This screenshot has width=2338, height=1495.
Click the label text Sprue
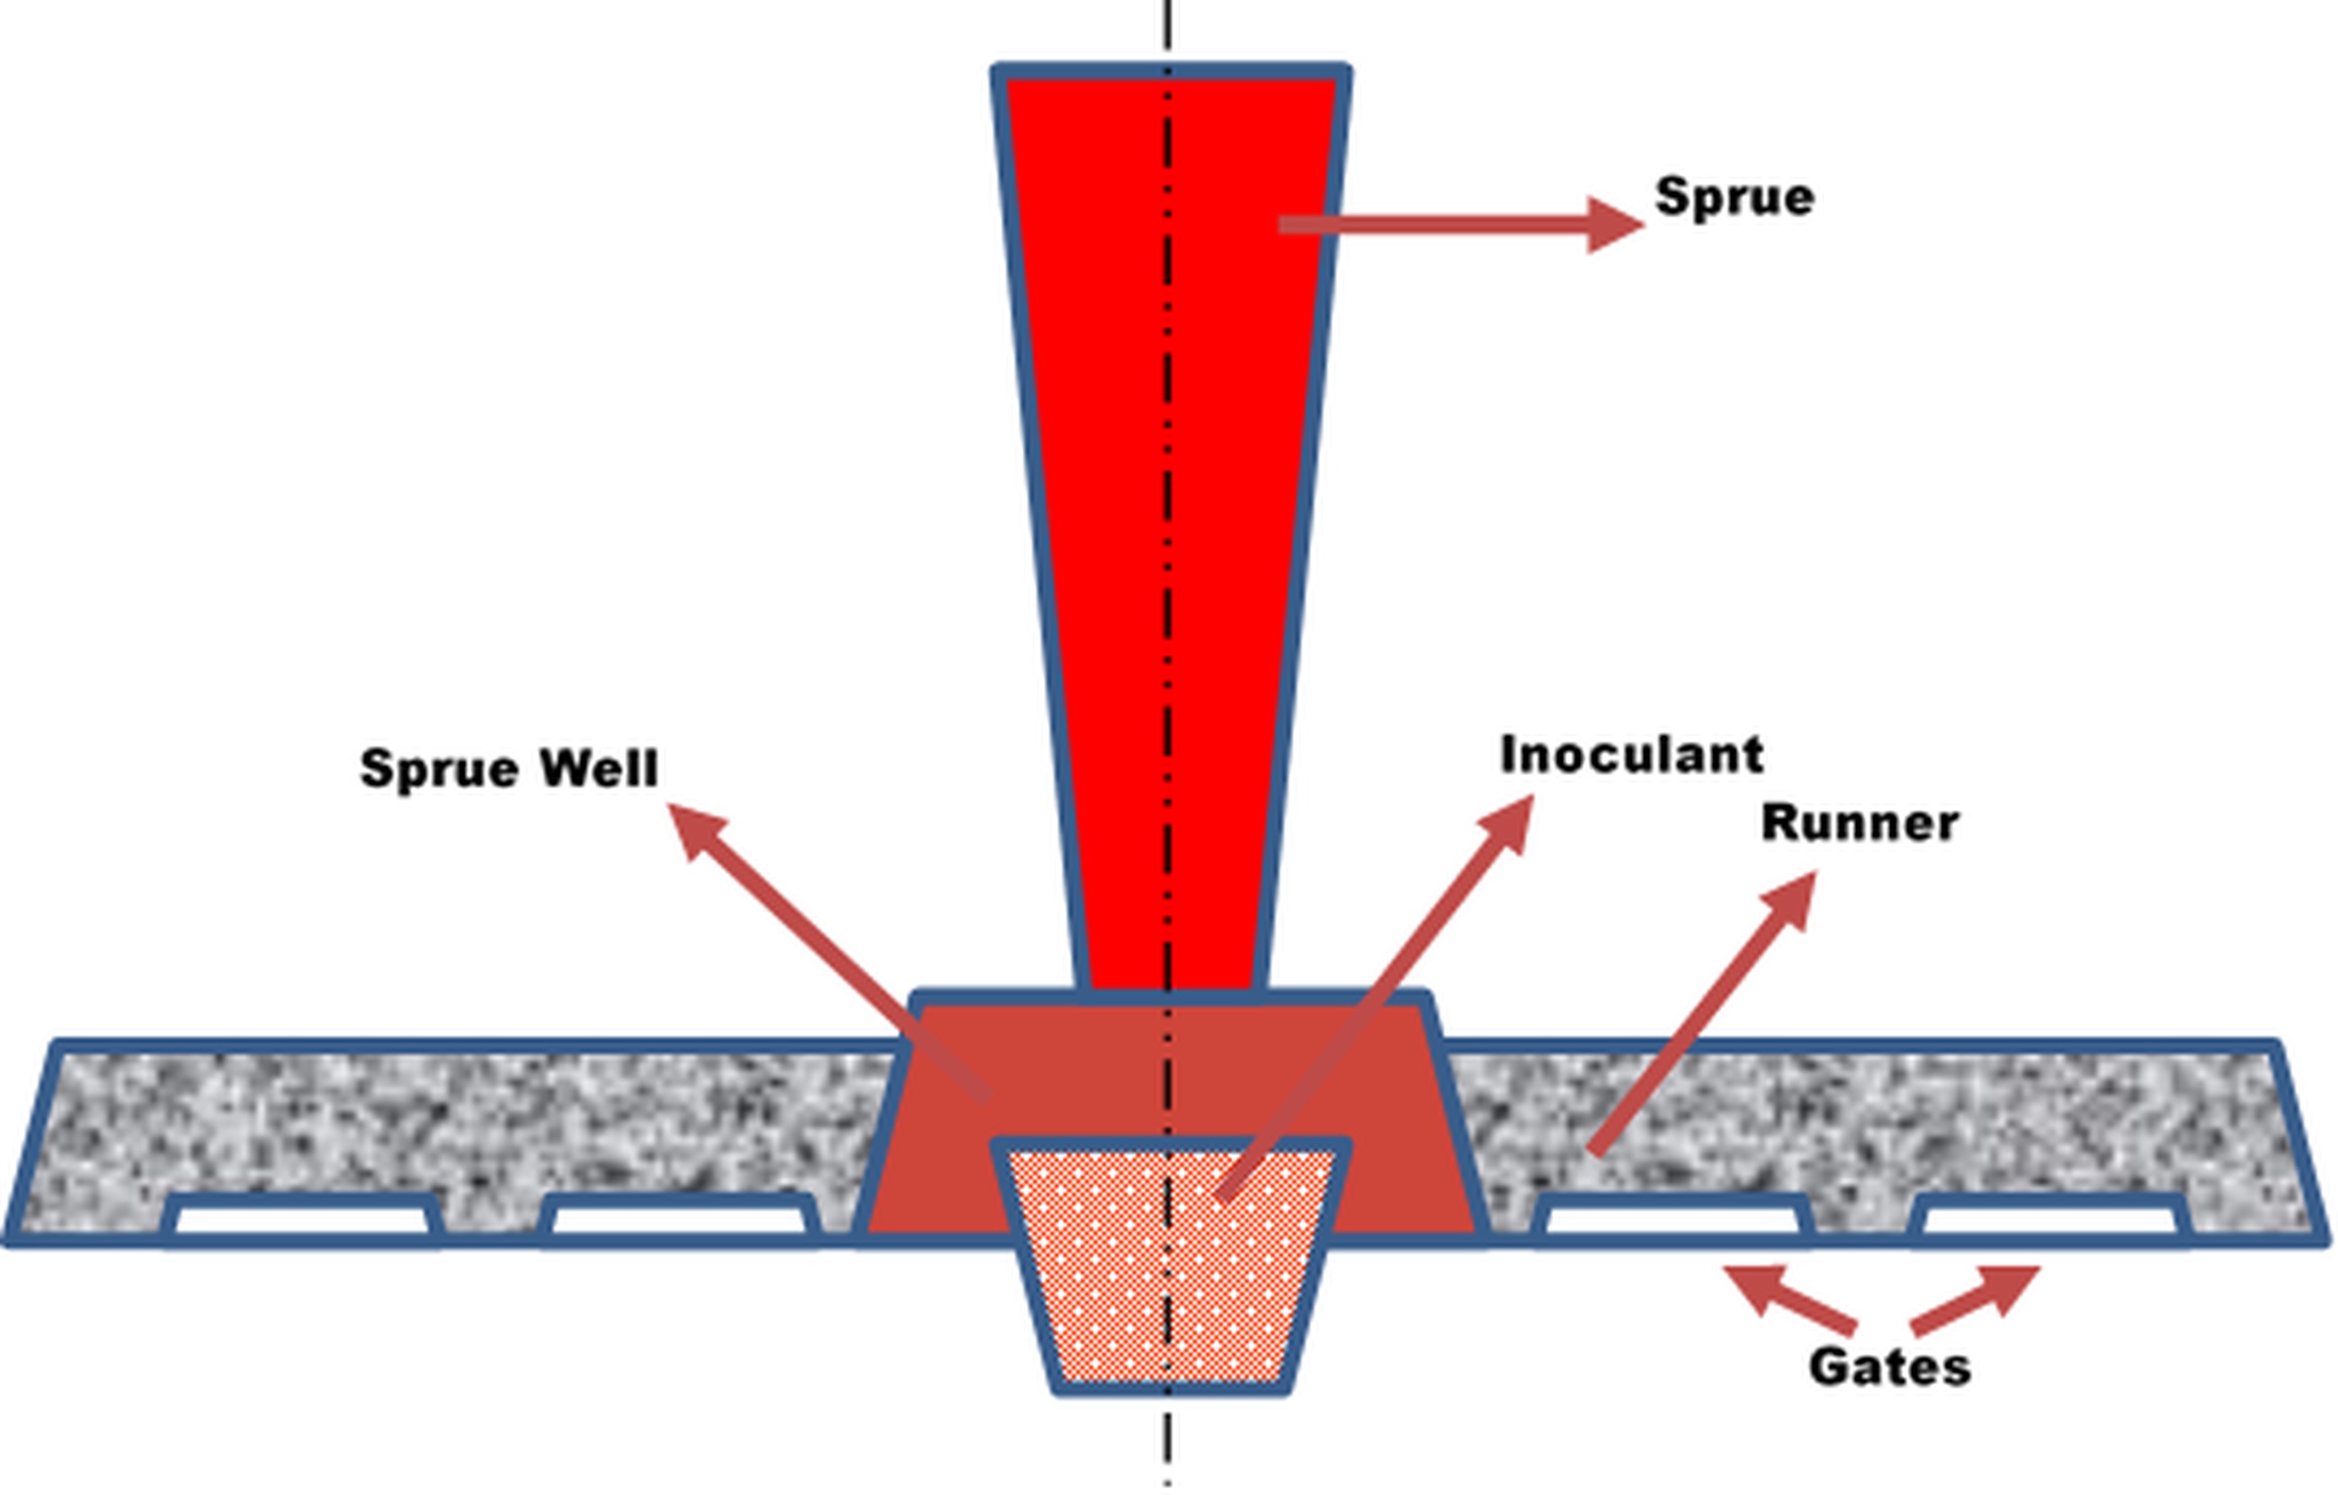pyautogui.click(x=1734, y=198)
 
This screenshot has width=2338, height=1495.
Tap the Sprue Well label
pyautogui.click(x=509, y=769)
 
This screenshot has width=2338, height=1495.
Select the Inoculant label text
pyautogui.click(x=1631, y=755)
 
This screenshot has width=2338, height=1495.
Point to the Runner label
pyautogui.click(x=1860, y=824)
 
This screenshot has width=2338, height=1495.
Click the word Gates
pyautogui.click(x=1889, y=1366)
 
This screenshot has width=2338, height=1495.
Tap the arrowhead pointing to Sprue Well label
pyautogui.click(x=697, y=831)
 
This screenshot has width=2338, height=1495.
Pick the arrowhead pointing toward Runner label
pyautogui.click(x=1791, y=898)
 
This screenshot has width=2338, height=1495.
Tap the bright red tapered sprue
pyautogui.click(x=1170, y=485)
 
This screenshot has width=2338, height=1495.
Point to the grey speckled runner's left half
pyautogui.click(x=437, y=1117)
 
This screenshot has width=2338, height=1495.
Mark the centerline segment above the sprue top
pyautogui.click(x=1168, y=29)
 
